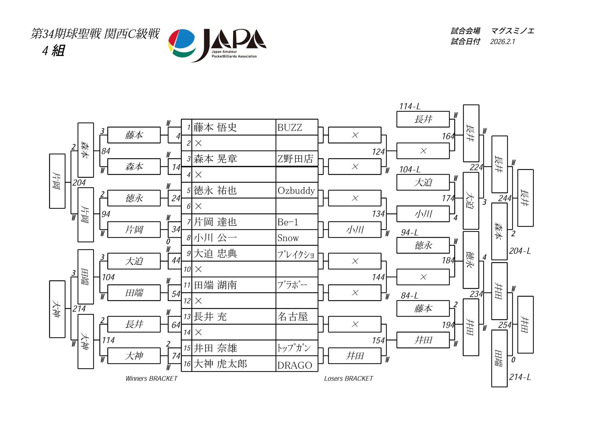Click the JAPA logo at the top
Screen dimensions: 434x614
tap(217, 45)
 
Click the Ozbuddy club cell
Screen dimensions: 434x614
tap(296, 191)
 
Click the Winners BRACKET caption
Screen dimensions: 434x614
tap(151, 378)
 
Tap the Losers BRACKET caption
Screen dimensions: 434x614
tap(348, 378)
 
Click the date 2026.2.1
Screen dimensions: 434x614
tap(502, 42)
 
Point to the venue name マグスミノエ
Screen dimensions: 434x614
tap(512, 31)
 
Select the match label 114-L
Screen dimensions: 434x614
tap(410, 106)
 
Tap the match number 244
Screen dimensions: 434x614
tap(505, 198)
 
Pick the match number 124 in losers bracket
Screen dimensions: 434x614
tap(378, 152)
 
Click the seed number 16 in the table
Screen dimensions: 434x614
tap(187, 364)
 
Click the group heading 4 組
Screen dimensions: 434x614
tap(53, 51)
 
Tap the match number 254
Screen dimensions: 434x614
tap(505, 325)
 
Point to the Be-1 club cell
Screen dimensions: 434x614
tap(288, 222)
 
